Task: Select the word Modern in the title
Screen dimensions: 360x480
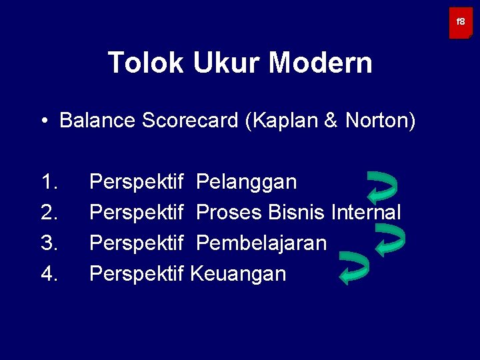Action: coord(321,63)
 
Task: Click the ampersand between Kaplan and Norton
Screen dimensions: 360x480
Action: coord(335,121)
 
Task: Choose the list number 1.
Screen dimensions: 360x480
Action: coord(49,182)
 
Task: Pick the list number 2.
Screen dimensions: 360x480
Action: coord(49,213)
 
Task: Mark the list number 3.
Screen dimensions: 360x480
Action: coord(49,243)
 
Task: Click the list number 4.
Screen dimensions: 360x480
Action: coord(49,274)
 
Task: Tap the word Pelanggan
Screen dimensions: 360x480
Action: coord(247,182)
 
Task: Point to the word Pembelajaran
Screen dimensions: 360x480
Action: coord(261,243)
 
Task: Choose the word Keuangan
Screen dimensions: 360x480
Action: coord(238,274)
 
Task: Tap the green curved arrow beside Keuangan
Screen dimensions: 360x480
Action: coord(353,268)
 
